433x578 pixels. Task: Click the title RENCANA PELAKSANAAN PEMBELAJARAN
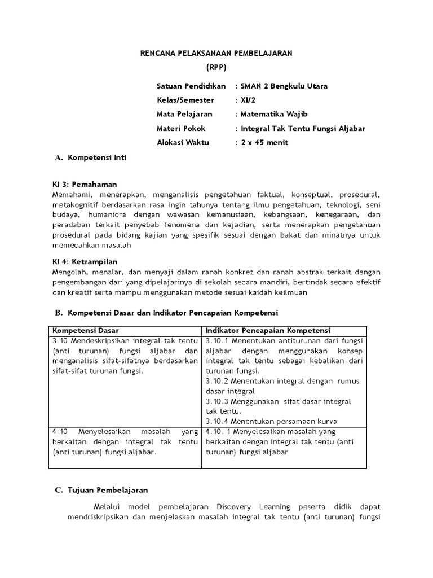216,53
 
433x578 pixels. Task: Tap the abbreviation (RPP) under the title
216,67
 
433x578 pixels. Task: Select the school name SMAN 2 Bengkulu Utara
284,86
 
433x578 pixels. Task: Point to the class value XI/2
248,100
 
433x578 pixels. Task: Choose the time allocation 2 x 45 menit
264,142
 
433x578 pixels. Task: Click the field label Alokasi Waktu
183,142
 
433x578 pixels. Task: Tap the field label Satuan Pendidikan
191,86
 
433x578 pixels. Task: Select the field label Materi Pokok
181,128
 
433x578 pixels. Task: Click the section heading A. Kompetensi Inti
91,157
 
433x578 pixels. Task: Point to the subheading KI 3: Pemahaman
84,184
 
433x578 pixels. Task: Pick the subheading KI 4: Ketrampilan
85,262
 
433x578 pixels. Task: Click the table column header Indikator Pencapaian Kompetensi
268,330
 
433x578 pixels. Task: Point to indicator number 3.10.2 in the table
217,381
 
